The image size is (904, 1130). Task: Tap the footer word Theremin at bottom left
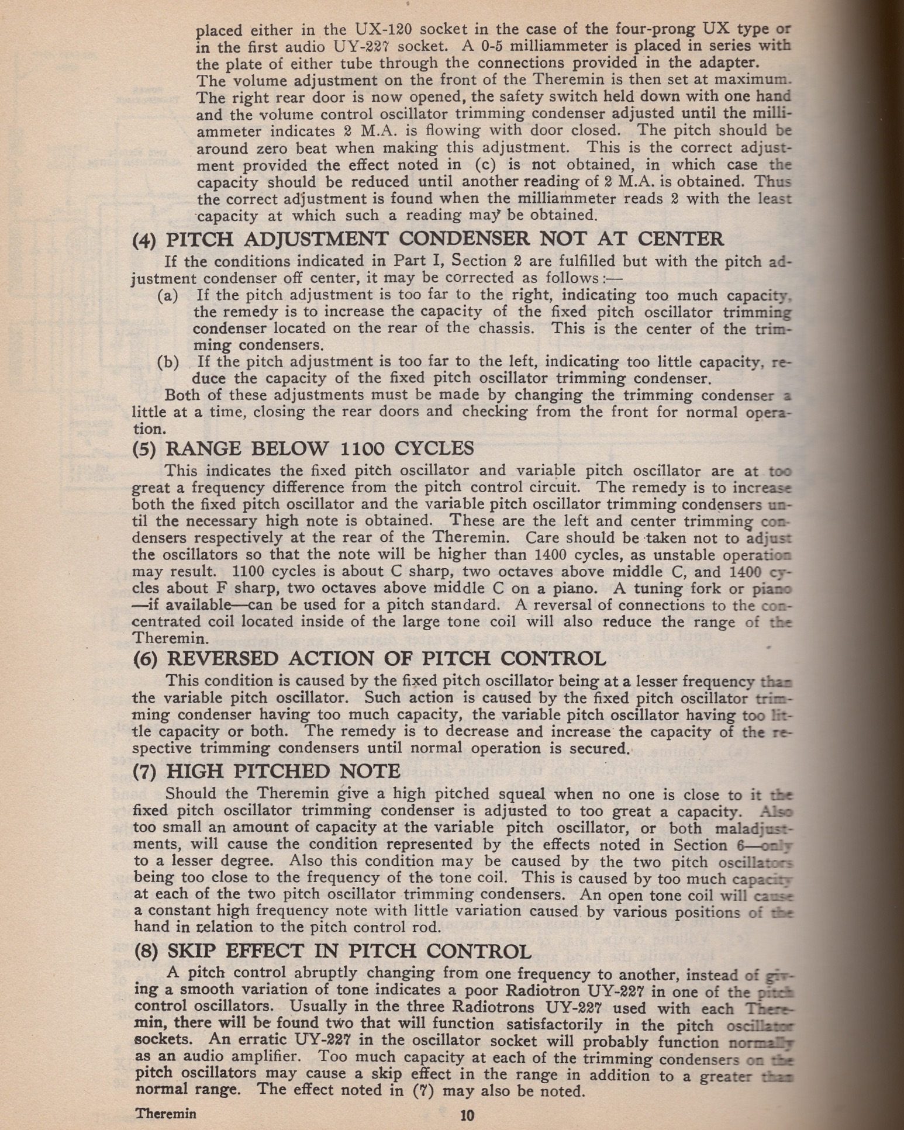point(165,1113)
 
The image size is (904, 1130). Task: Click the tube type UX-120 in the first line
point(384,29)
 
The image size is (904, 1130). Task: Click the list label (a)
point(168,296)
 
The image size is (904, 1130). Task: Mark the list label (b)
point(168,362)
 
